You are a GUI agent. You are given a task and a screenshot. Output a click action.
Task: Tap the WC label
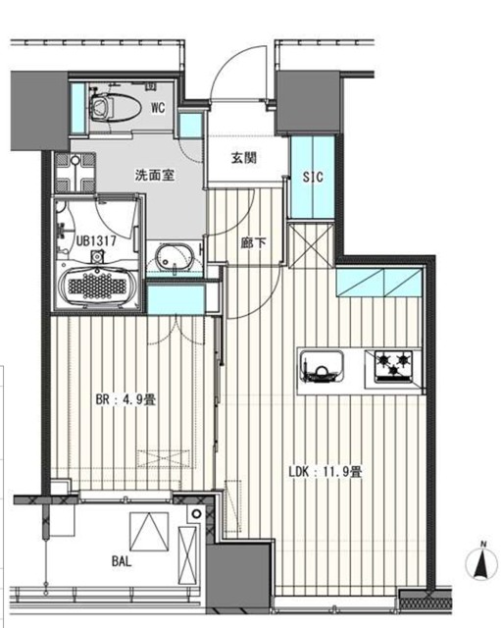157,109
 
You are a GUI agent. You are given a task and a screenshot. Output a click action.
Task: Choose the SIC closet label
313,178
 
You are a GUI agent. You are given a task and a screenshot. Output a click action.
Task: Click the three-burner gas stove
393,368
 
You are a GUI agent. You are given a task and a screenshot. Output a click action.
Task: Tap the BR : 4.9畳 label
128,401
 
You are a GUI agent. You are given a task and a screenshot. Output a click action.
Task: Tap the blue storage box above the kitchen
377,283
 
